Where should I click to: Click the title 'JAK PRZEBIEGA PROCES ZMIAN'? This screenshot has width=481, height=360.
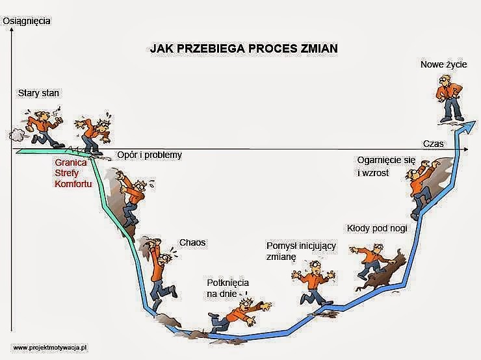[244, 49]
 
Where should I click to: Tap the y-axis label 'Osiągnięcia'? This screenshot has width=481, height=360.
[27, 21]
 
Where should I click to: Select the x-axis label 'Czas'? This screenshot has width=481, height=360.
[433, 144]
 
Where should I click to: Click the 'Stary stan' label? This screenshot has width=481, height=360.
[38, 93]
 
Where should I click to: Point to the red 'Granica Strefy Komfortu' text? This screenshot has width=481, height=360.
[73, 173]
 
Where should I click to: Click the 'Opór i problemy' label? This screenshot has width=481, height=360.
[149, 155]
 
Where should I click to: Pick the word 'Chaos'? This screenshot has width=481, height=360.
[192, 242]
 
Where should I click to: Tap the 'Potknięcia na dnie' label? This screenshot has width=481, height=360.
[227, 289]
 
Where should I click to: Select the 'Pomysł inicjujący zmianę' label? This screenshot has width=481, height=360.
[301, 251]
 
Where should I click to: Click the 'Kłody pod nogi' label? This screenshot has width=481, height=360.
[377, 229]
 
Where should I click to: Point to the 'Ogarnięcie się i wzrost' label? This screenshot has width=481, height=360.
[387, 166]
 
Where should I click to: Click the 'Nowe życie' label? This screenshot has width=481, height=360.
[443, 64]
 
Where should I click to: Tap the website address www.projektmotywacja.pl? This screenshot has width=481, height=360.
[50, 348]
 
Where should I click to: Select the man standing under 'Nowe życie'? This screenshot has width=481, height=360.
[450, 98]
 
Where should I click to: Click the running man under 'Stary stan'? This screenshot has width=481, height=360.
[46, 127]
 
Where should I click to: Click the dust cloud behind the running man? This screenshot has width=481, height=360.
[17, 135]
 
